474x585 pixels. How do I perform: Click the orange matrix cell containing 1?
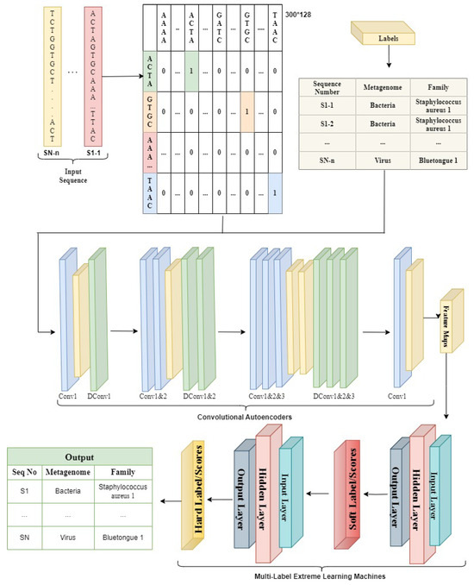click(x=247, y=112)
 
